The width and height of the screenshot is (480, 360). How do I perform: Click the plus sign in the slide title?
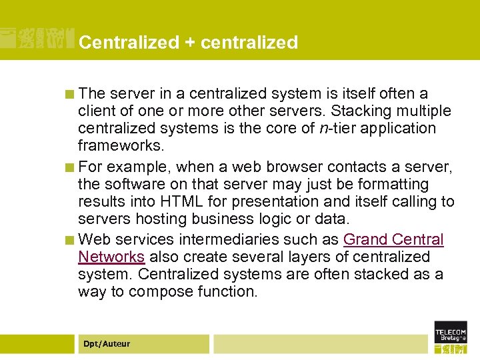(189, 43)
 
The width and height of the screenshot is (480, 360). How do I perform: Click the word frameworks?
(120, 145)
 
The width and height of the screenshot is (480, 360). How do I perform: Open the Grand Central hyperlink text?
(393, 239)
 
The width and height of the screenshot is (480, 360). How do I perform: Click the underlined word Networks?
(111, 257)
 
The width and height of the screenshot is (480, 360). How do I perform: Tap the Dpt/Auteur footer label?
(107, 344)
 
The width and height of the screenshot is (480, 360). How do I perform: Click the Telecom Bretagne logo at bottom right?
(451, 337)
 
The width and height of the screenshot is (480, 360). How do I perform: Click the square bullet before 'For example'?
(69, 167)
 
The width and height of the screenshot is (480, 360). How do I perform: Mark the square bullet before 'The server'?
(69, 94)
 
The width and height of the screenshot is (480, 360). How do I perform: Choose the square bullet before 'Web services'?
(69, 240)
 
